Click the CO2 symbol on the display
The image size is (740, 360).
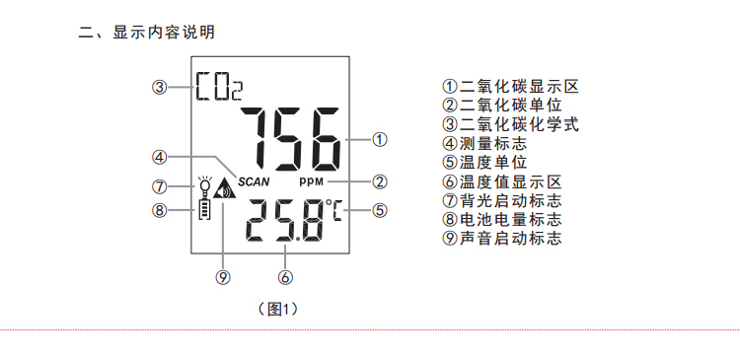[219, 87]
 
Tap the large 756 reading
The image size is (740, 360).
[291, 140]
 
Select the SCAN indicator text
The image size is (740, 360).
[254, 181]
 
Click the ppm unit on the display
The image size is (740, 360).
[312, 181]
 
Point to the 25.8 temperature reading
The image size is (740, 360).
[284, 220]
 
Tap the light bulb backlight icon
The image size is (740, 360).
[204, 186]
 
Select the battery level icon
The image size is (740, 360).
[204, 209]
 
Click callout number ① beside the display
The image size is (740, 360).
[380, 140]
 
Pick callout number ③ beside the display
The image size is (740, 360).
[160, 87]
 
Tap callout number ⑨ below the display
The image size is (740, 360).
[223, 277]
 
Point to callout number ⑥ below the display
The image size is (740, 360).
[285, 277]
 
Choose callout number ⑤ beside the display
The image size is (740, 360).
[380, 210]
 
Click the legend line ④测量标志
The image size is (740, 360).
[484, 143]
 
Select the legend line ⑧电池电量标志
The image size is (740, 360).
[502, 219]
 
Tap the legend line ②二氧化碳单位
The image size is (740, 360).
[502, 105]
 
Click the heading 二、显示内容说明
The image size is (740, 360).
[147, 33]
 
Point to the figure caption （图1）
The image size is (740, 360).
[278, 309]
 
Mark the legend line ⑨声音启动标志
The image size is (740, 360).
[502, 239]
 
